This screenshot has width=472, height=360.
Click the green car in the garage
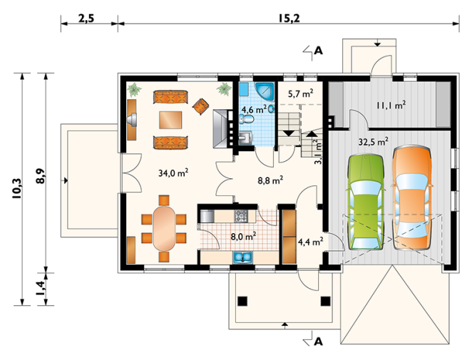coord(366,202)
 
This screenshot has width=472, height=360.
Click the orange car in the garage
coord(412,198)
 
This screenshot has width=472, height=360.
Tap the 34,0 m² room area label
coord(173,173)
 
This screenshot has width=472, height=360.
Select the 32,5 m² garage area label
coord(373,141)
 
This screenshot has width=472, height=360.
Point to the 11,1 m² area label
coord(391,105)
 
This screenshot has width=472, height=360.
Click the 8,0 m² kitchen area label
coord(243,236)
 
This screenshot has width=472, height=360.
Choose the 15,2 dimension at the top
coord(289,19)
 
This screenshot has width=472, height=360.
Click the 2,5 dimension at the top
coord(86,19)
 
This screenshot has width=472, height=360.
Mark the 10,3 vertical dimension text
coord(17,188)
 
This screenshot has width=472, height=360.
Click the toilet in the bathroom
coord(247,120)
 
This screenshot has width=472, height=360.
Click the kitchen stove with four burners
coord(241,216)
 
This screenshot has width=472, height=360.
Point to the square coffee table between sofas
coord(170,120)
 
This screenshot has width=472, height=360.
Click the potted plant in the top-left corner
coord(134,90)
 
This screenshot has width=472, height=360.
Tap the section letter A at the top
coord(318,51)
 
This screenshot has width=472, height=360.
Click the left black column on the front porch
coord(242,301)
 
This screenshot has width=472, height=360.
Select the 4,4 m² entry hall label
coord(310,241)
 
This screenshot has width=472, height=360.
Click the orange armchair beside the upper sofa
coord(200,106)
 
